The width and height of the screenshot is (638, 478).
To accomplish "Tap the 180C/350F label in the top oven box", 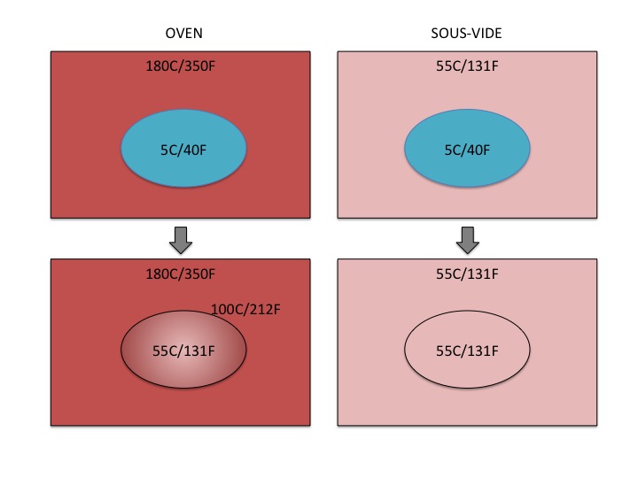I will pyautogui.click(x=180, y=66).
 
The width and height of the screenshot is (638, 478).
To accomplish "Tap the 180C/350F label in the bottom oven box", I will pyautogui.click(x=180, y=274).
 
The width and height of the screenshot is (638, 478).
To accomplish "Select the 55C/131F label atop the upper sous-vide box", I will pyautogui.click(x=467, y=66).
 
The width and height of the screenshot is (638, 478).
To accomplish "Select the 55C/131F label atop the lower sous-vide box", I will pyautogui.click(x=467, y=274).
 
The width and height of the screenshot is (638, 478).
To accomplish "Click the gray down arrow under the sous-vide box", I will pyautogui.click(x=467, y=239).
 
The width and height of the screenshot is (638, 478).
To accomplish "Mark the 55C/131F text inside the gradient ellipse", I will pyautogui.click(x=183, y=350).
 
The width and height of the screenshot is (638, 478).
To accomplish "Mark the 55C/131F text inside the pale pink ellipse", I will pyautogui.click(x=467, y=350).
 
